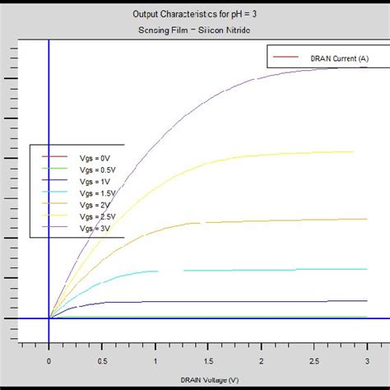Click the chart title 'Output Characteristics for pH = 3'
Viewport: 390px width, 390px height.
point(195,14)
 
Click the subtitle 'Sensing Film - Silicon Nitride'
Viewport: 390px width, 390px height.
point(195,30)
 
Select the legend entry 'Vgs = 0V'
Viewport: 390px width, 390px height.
point(91,156)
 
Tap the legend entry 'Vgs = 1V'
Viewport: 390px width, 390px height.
point(91,179)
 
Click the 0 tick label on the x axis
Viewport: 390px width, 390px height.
point(49,360)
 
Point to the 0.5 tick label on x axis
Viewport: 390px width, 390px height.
point(102,360)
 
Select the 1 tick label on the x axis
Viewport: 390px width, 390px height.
point(156,360)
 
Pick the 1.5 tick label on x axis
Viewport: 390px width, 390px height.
point(208,360)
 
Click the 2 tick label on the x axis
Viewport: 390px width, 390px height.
point(262,360)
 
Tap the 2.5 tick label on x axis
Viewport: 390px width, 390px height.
point(314,360)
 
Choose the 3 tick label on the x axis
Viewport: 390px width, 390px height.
point(367,360)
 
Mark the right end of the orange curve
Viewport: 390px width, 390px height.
point(367,219)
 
